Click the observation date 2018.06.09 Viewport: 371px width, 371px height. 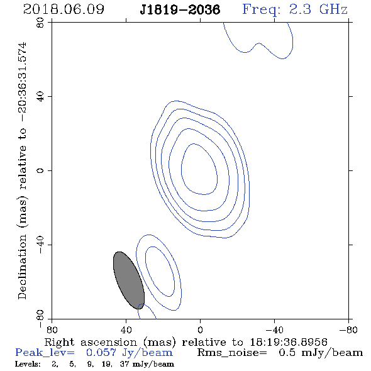[x=64, y=9]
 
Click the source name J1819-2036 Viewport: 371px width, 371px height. [x=180, y=9]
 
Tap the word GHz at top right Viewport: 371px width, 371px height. [x=333, y=9]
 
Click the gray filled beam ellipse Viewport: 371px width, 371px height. [x=129, y=280]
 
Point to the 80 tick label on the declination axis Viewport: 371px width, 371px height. [x=40, y=23]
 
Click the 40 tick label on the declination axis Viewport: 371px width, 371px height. [x=40, y=97]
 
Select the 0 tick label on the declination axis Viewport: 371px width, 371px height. [x=40, y=170]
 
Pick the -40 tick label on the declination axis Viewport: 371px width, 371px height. [x=40, y=245]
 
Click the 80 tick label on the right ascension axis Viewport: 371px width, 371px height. [x=52, y=330]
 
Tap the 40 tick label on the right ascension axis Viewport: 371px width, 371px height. [x=126, y=330]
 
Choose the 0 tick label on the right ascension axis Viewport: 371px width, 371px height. [x=200, y=330]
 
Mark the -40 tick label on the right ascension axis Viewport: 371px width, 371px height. [x=274, y=330]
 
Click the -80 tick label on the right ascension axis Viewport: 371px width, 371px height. [x=348, y=330]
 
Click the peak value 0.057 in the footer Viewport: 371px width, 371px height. [x=101, y=353]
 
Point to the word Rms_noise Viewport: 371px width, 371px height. [x=232, y=353]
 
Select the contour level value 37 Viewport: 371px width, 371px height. [x=125, y=364]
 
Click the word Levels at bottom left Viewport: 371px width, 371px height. [x=28, y=364]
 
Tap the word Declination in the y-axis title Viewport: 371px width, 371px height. [x=22, y=267]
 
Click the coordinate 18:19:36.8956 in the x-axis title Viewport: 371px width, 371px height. [x=289, y=342]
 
